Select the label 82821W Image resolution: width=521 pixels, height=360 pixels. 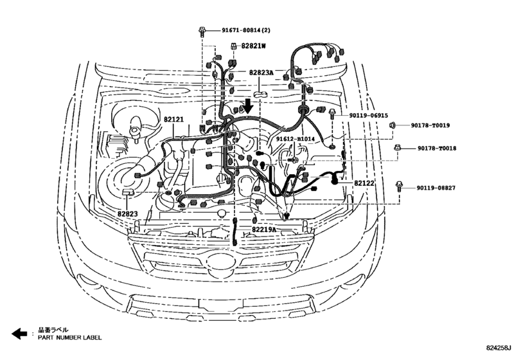pyautogui.click(x=252, y=46)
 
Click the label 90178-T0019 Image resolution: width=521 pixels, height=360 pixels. pyautogui.click(x=433, y=125)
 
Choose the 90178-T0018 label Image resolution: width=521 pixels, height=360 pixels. pyautogui.click(x=433, y=148)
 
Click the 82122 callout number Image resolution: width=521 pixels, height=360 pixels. pyautogui.click(x=364, y=183)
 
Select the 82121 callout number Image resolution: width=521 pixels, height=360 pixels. pyautogui.click(x=173, y=120)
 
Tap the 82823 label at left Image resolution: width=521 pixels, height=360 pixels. pyautogui.click(x=127, y=212)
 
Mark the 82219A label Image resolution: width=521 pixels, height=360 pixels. pyautogui.click(x=264, y=230)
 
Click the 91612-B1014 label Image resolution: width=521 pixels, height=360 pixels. pyautogui.click(x=295, y=138)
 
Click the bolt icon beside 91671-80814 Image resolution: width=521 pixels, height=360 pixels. pyautogui.click(x=202, y=30)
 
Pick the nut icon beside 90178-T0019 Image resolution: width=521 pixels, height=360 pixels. pyautogui.click(x=394, y=125)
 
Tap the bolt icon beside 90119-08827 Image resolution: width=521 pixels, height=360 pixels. pyautogui.click(x=400, y=186)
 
